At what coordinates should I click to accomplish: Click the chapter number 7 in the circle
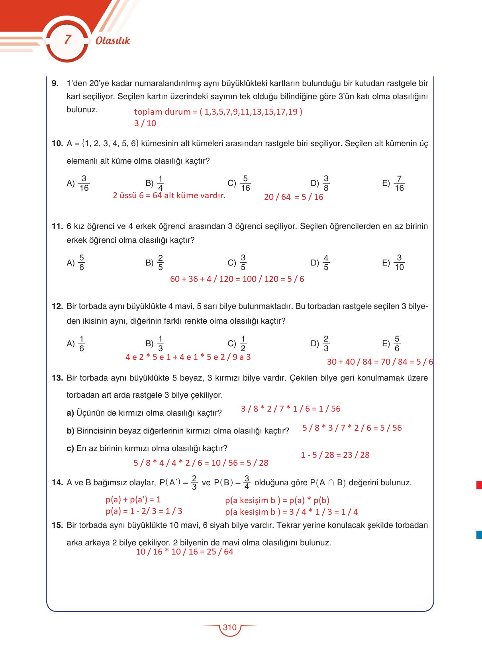[x=68, y=39]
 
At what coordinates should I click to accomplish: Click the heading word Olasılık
[x=113, y=41]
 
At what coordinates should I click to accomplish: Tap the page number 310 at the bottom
[x=229, y=627]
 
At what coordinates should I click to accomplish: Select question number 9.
[x=55, y=83]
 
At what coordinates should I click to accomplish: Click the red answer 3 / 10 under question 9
[x=145, y=123]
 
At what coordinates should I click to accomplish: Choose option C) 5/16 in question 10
[x=239, y=183]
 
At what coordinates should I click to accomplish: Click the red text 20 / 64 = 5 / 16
[x=294, y=197]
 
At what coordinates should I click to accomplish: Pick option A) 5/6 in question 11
[x=76, y=263]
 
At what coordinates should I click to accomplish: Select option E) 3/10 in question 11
[x=393, y=263]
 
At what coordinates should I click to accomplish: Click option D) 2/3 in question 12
[x=320, y=344]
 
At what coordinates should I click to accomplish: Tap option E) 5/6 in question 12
[x=391, y=344]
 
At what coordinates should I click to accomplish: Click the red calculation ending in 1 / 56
[x=291, y=409]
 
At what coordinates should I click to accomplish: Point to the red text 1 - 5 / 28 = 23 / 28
[x=335, y=455]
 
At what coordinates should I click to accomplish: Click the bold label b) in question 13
[x=71, y=431]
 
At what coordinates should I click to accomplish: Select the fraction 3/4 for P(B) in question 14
[x=247, y=482]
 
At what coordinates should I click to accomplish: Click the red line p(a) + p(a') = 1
[x=133, y=500]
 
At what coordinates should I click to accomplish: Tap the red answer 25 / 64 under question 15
[x=184, y=552]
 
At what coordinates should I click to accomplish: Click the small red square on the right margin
[x=479, y=485]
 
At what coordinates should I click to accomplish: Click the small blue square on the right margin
[x=479, y=535]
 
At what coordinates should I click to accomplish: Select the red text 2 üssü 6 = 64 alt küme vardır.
[x=169, y=195]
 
